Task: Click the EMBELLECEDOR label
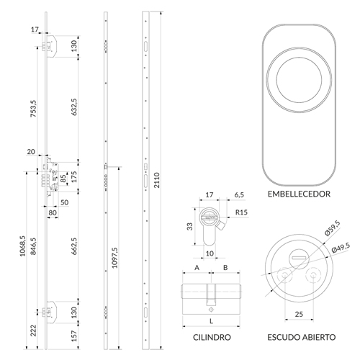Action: [x=299, y=194]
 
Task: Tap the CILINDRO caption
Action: [x=212, y=337]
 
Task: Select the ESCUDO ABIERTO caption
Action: [x=302, y=337]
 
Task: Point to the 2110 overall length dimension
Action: [x=156, y=180]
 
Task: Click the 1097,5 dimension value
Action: [x=114, y=258]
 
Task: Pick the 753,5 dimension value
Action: [x=33, y=109]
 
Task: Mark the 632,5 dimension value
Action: [x=74, y=107]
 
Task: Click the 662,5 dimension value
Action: [x=74, y=246]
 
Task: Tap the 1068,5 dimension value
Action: [x=22, y=246]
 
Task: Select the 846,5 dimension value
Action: [x=33, y=246]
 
